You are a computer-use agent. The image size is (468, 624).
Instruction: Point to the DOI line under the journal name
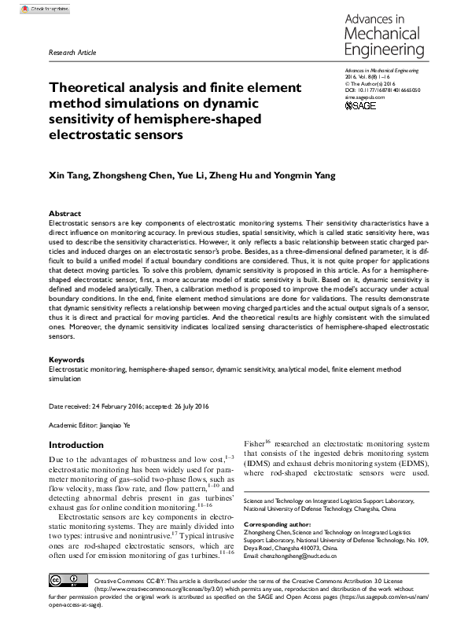tap(383, 90)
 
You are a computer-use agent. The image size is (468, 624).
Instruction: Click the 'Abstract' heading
tap(64, 214)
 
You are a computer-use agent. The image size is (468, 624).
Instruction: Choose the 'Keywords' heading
tap(67, 360)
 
